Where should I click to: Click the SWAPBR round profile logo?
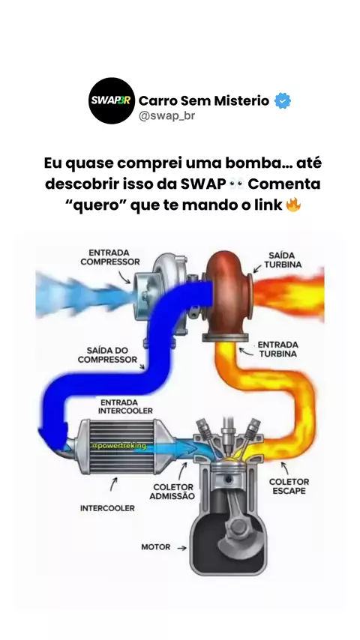tap(112, 100)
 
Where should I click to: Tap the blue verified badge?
tap(282, 100)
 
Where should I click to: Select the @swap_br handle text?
tap(166, 116)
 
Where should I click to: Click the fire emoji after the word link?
tap(293, 205)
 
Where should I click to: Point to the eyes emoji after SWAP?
tap(236, 184)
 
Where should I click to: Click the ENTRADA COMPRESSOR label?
tap(109, 257)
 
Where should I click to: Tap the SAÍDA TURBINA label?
tap(282, 260)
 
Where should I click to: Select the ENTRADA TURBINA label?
tap(277, 349)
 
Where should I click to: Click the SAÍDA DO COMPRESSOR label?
tap(107, 355)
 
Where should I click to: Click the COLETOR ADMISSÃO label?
tap(172, 492)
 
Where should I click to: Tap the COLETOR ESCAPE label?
tap(289, 486)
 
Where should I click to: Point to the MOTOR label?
tap(156, 546)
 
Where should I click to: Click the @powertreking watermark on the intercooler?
tap(119, 446)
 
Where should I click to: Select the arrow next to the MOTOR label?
tap(181, 548)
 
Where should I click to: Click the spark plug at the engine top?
tap(228, 433)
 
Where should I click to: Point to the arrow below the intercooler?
tap(113, 484)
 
